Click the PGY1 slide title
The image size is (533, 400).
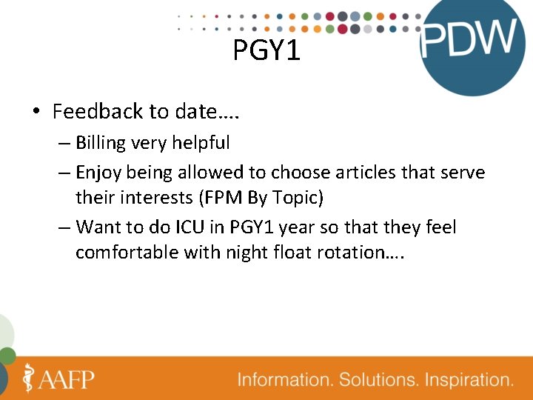click(x=266, y=51)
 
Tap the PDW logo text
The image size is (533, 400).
click(x=468, y=39)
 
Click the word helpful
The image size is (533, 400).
click(x=201, y=142)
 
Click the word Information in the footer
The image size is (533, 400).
click(x=285, y=380)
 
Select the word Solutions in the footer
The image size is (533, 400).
click(x=378, y=380)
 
